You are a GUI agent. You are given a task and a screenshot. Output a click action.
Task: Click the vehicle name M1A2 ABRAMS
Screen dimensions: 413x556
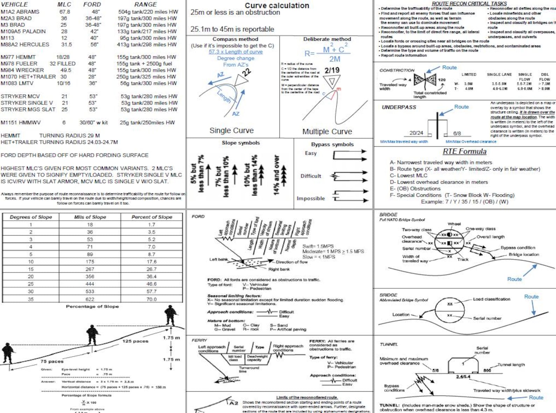coord(20,12)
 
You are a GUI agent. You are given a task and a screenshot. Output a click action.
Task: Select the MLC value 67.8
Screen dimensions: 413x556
coord(64,12)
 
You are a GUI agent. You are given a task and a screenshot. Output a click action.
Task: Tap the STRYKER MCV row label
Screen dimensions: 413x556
coord(20,96)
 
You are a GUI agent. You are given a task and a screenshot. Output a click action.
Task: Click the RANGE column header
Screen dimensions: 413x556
coord(145,4)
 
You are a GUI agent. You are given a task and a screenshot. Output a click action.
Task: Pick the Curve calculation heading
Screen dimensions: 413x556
coord(277,5)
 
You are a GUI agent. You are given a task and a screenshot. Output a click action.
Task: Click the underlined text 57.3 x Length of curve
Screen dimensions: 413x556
coord(236,52)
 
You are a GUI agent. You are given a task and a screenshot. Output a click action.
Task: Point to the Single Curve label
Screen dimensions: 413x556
coord(231,130)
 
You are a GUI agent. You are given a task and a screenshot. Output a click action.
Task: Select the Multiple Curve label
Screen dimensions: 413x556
coord(327,131)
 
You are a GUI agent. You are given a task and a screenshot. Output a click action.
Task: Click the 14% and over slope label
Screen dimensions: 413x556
coord(276,175)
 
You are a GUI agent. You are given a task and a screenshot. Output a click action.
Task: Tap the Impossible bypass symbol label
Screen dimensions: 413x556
coord(311,198)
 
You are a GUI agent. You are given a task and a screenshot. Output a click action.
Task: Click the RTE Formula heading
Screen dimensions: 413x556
coord(464,151)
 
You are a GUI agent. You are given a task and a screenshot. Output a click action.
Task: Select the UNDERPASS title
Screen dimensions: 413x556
coord(399,107)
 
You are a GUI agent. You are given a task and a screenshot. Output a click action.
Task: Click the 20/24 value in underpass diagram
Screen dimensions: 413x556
coord(416,133)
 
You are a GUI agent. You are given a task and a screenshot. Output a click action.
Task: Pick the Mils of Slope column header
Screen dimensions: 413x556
coord(90,217)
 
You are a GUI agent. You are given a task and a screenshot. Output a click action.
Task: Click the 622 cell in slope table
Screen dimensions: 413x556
coord(90,299)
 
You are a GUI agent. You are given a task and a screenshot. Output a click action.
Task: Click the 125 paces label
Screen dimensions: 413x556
coord(135,341)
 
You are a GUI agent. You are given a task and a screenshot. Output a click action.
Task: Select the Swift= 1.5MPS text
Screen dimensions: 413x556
coord(318,246)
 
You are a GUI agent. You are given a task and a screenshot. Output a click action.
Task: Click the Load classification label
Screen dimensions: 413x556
coord(491,299)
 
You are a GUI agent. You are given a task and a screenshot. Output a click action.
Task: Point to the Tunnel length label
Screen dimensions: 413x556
coord(511,364)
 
